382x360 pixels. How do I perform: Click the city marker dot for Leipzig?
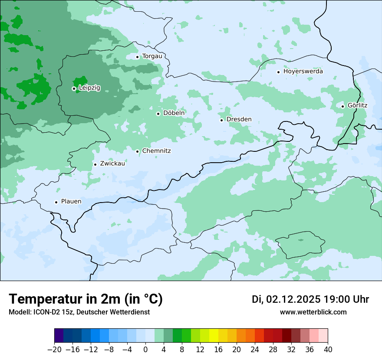[74, 88]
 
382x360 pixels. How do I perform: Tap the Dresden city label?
[239, 119]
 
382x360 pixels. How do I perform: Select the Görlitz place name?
[357, 105]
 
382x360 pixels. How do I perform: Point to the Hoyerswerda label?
[303, 71]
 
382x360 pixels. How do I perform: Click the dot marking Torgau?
[137, 57]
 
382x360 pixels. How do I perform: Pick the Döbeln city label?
[174, 113]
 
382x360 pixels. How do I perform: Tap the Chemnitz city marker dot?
[137, 151]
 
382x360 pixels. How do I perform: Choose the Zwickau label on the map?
[112, 164]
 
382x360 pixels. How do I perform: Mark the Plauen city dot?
[56, 202]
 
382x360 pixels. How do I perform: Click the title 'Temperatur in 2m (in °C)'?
[86, 299]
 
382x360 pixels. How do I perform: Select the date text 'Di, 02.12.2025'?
[286, 299]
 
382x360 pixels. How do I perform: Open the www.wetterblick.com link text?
[313, 312]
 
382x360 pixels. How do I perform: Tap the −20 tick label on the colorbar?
[54, 350]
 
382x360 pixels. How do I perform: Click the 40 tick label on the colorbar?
[328, 350]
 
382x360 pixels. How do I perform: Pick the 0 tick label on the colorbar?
[145, 350]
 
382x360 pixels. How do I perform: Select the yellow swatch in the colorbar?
[214, 336]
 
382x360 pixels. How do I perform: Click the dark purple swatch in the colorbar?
[59, 336]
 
